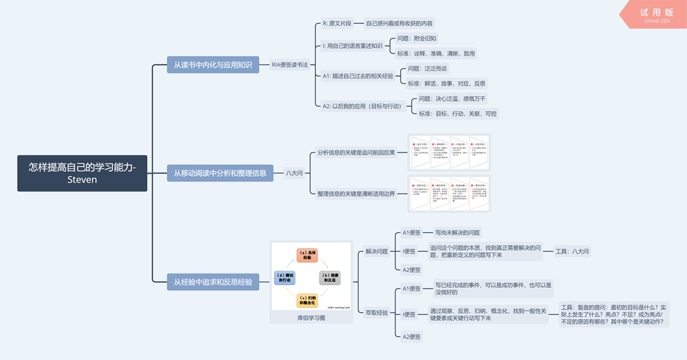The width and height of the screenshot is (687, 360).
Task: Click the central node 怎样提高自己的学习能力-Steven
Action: [x=82, y=173]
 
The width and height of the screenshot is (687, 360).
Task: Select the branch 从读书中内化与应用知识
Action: [x=212, y=65]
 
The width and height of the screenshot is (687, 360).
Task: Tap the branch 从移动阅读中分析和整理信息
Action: [x=220, y=173]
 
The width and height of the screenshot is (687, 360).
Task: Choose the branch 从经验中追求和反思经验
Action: [x=212, y=281]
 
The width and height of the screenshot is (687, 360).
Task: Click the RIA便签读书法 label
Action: [x=290, y=65]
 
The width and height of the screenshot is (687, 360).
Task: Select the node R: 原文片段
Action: [x=337, y=23]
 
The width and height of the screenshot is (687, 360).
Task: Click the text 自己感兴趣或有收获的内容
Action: [x=399, y=23]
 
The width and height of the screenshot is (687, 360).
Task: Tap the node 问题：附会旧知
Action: [x=417, y=38]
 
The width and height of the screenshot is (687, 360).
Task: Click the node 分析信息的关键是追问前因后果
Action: [x=357, y=153]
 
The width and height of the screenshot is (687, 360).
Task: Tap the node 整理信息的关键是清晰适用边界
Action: [x=357, y=194]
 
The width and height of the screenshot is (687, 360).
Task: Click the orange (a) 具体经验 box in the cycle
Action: [x=307, y=256]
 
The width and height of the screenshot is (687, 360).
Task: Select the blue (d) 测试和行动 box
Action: [x=284, y=278]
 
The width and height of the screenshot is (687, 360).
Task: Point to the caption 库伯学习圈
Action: [x=311, y=318]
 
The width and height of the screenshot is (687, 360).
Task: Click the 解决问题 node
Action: [x=376, y=251]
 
